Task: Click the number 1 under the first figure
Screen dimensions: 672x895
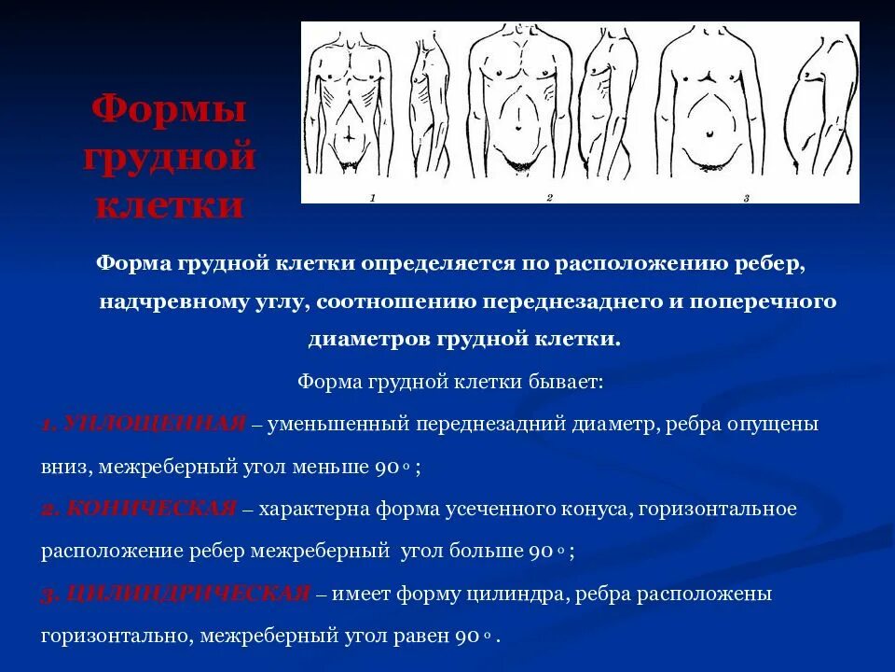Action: (x=372, y=198)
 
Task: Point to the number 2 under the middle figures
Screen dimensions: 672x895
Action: (x=549, y=198)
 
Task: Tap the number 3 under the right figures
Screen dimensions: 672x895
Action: (x=746, y=198)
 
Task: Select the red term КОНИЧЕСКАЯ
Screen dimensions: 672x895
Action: (x=145, y=509)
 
